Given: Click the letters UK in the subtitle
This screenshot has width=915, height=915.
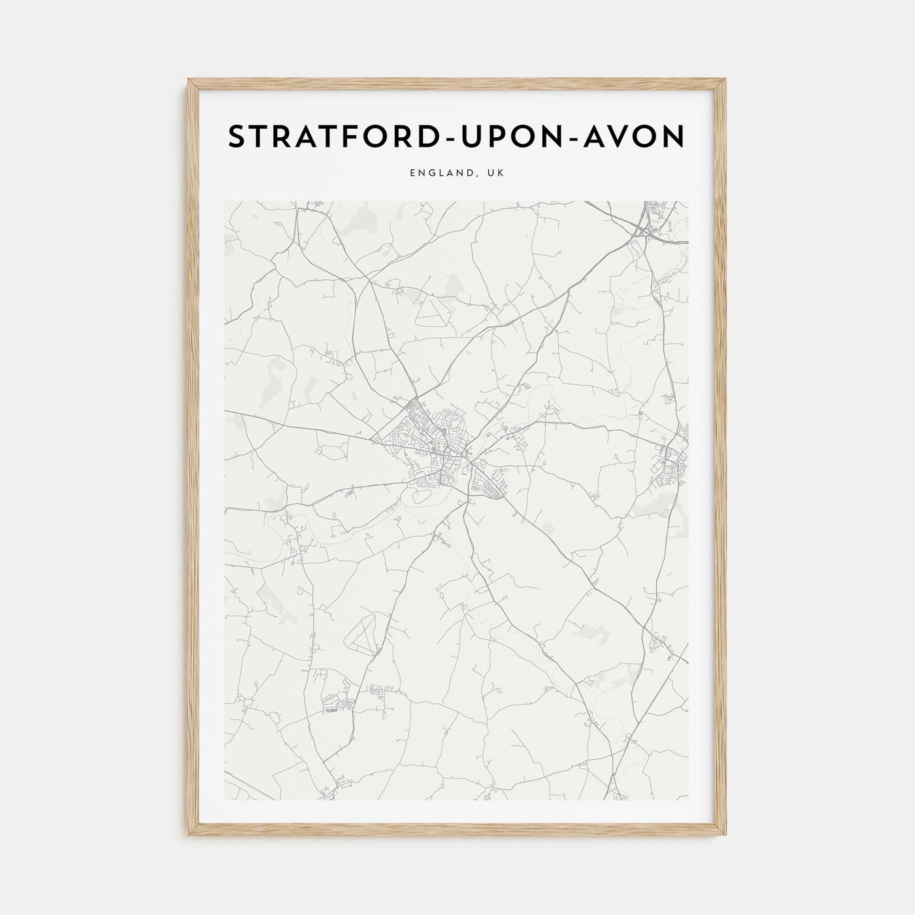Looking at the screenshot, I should click(x=495, y=173).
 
